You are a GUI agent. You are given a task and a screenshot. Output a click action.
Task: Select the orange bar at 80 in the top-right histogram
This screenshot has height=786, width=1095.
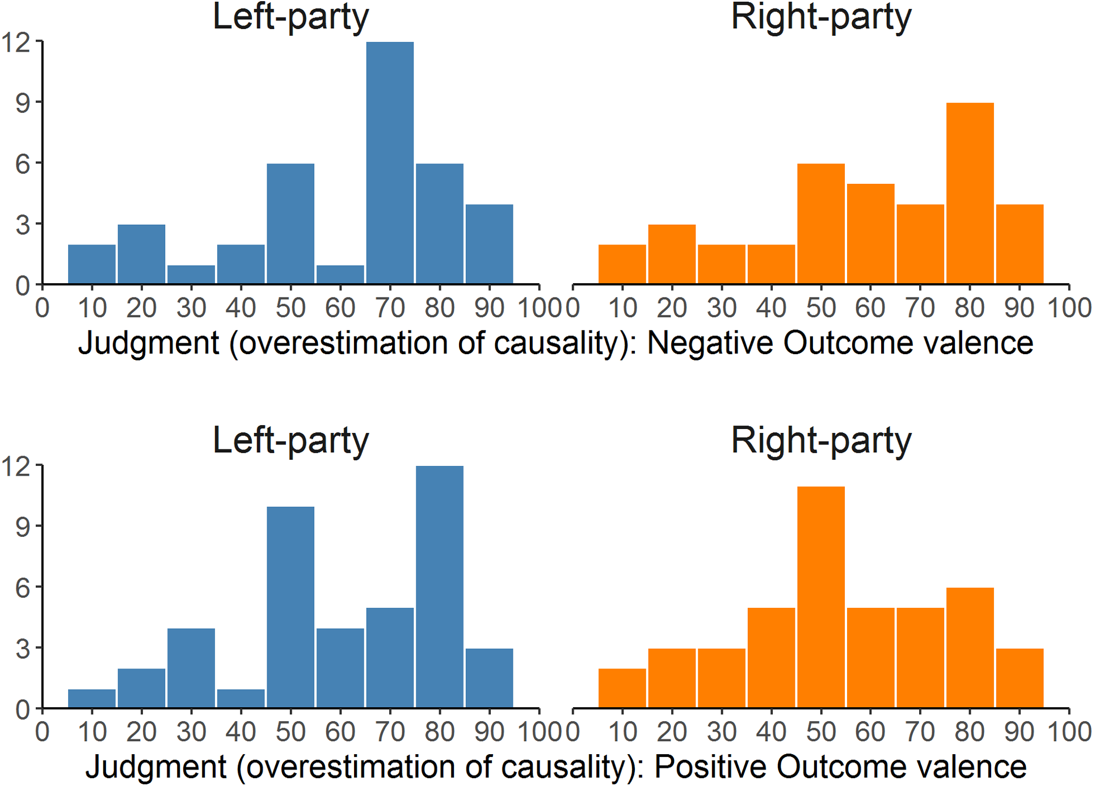[x=970, y=193]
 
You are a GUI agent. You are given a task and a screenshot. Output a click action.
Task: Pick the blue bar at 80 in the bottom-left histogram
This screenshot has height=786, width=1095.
[x=439, y=587]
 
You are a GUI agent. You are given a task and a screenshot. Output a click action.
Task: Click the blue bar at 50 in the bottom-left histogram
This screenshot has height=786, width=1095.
[x=290, y=607]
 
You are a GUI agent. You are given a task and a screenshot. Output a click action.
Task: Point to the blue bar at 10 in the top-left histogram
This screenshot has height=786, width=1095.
[x=92, y=264]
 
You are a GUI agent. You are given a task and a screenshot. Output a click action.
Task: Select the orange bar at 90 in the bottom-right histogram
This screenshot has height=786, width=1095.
[x=1019, y=678]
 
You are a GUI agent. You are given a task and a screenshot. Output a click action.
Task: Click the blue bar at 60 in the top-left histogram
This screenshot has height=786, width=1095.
[x=340, y=275]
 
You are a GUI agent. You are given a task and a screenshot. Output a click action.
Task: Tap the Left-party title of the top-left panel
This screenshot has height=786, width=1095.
[x=290, y=17]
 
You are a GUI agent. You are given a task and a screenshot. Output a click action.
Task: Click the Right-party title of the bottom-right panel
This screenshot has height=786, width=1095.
[x=820, y=440]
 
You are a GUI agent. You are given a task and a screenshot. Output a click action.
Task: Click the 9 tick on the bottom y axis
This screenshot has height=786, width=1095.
[x=23, y=527]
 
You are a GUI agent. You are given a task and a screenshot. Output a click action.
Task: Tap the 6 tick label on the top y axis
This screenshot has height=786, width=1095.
[x=23, y=165]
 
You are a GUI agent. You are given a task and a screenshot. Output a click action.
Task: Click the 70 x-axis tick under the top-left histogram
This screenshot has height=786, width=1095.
[x=390, y=308]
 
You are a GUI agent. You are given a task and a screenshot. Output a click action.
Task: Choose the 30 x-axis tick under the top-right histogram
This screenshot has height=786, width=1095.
[x=722, y=308]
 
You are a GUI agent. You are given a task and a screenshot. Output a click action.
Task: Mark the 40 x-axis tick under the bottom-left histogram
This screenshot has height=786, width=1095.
[x=241, y=732]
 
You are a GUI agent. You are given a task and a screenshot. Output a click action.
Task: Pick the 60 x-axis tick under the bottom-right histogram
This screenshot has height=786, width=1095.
[x=870, y=732]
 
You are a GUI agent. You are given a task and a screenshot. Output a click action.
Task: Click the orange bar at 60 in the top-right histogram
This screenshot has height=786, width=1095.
[x=870, y=234]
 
